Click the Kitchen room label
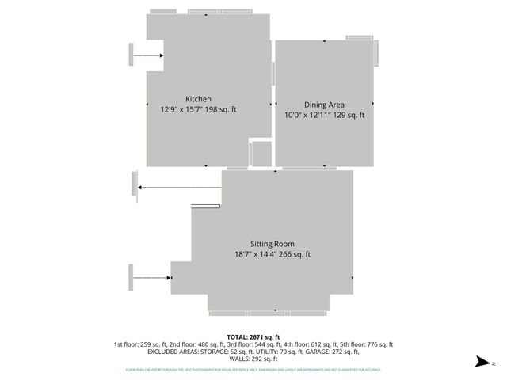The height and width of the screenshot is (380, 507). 198,99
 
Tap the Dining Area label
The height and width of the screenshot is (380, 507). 324,104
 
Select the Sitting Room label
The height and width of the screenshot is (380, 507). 272,244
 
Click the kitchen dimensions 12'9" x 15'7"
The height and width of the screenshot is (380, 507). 181,110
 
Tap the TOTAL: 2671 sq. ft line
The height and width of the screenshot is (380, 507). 253,336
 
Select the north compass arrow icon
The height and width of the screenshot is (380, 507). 480,362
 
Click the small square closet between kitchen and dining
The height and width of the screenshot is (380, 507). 261,154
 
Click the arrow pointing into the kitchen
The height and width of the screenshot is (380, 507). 148,55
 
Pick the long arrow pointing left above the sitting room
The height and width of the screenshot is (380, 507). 178,187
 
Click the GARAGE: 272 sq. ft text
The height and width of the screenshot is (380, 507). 330,352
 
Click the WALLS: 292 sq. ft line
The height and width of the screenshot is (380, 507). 253,359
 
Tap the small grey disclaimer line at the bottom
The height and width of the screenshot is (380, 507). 253,370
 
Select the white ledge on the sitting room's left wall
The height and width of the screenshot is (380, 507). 205,207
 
